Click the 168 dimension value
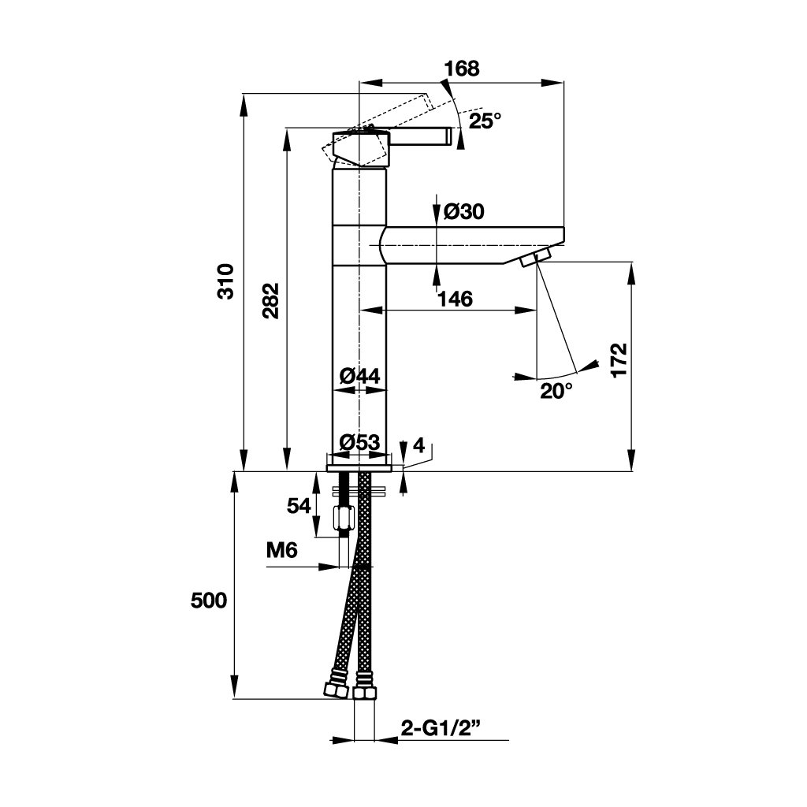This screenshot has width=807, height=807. click(x=461, y=69)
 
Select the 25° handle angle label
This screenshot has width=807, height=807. click(x=485, y=121)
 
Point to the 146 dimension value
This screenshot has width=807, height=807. click(x=455, y=299)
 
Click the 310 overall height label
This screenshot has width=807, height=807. click(x=227, y=281)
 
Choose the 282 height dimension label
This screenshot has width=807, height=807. click(x=270, y=299)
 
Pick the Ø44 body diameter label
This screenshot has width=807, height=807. click(x=359, y=376)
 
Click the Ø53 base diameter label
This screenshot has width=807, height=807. click(x=359, y=442)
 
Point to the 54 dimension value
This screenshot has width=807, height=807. click(x=299, y=505)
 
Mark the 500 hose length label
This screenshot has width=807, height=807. click(x=209, y=601)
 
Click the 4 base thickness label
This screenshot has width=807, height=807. click(x=418, y=446)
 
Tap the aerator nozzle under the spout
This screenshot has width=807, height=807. click(x=535, y=257)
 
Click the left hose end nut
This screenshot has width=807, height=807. click(x=337, y=690)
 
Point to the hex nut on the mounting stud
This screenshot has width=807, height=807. click(x=344, y=518)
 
